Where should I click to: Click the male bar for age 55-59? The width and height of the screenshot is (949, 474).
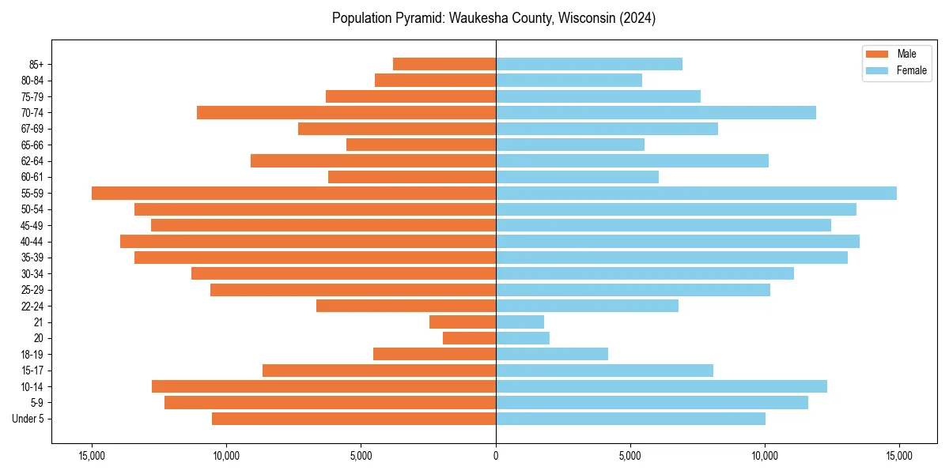(x=293, y=194)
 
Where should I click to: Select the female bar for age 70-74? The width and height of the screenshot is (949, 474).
(x=656, y=113)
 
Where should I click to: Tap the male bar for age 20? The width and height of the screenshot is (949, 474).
(x=469, y=338)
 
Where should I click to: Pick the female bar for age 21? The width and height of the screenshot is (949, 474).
(x=520, y=322)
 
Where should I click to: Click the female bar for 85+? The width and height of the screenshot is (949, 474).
(x=588, y=64)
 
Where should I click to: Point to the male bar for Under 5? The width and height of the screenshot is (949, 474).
(x=354, y=419)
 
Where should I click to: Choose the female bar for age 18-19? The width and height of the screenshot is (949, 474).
(x=551, y=354)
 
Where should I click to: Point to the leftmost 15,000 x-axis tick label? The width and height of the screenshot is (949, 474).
(x=92, y=456)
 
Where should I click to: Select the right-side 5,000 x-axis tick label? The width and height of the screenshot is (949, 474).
(x=630, y=456)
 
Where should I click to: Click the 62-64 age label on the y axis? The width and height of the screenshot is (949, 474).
(x=32, y=161)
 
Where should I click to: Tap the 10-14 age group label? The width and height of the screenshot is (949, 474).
(x=32, y=387)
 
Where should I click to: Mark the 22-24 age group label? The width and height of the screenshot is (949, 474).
(x=32, y=307)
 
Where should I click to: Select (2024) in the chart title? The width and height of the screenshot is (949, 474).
(x=637, y=18)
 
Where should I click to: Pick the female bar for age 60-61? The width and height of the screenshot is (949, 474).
(x=577, y=177)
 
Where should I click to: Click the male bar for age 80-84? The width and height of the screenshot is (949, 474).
(x=435, y=81)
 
